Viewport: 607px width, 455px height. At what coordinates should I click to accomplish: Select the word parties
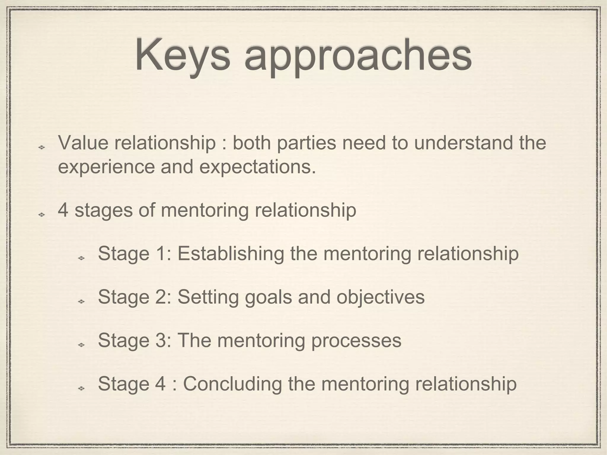point(306,143)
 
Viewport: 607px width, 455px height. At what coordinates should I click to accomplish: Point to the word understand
point(464,142)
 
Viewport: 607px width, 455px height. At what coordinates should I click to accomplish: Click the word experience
point(106,167)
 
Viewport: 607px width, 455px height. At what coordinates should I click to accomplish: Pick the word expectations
point(258,167)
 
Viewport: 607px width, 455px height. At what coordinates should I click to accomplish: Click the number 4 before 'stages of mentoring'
point(63,210)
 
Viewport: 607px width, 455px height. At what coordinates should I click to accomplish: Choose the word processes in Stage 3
point(356,340)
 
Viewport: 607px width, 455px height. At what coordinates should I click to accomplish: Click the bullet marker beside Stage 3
point(81,345)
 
